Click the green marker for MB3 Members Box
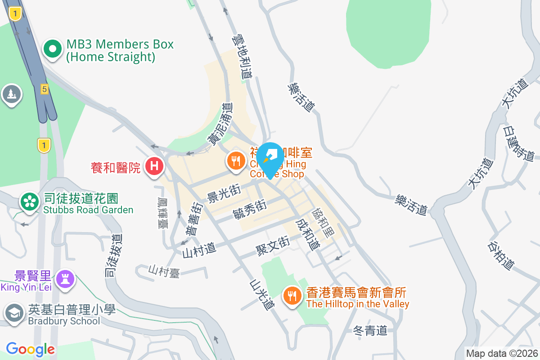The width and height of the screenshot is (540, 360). [53, 49]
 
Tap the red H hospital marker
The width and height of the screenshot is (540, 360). [154, 166]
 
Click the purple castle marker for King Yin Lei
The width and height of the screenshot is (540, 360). [66, 279]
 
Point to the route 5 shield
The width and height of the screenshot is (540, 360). [44, 89]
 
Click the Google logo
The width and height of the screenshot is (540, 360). [30, 349]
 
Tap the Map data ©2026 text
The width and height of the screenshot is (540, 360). [502, 354]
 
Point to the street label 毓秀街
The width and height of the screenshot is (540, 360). [250, 210]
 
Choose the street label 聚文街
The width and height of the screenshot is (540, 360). [272, 246]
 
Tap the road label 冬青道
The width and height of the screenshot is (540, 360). [370, 331]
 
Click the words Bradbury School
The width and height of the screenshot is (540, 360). [64, 321]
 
